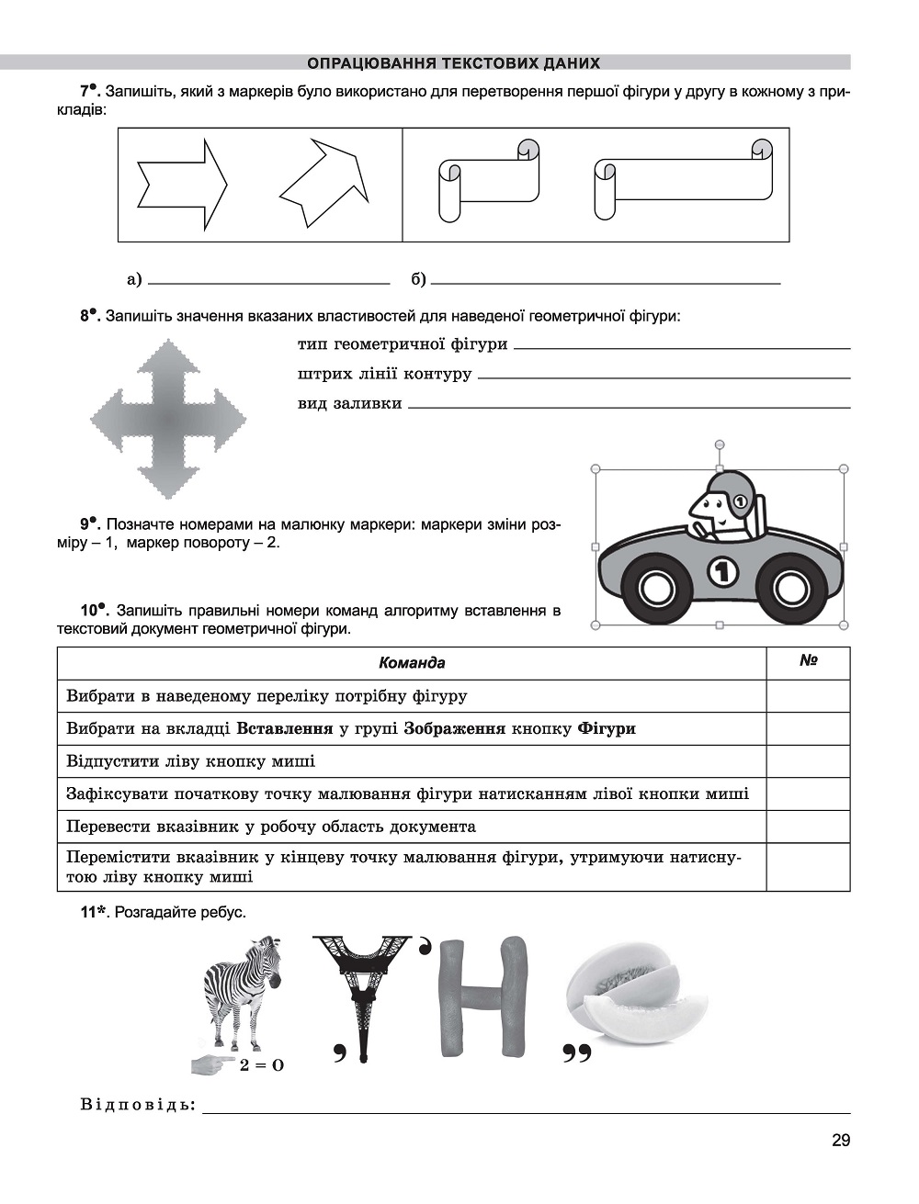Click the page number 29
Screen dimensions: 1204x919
[x=840, y=1142]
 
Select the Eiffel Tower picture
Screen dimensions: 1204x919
[x=361, y=992]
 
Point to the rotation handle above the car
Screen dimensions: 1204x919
[x=720, y=444]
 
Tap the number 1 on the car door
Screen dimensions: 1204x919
[x=723, y=571]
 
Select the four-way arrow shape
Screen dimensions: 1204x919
[x=168, y=420]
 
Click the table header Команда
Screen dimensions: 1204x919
[x=412, y=663]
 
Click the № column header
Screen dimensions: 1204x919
[x=809, y=660]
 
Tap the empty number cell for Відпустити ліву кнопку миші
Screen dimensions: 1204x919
[x=808, y=761]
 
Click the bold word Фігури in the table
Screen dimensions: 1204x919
[x=607, y=728]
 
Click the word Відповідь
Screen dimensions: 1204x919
[x=138, y=1104]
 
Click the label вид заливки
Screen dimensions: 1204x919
[x=349, y=403]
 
